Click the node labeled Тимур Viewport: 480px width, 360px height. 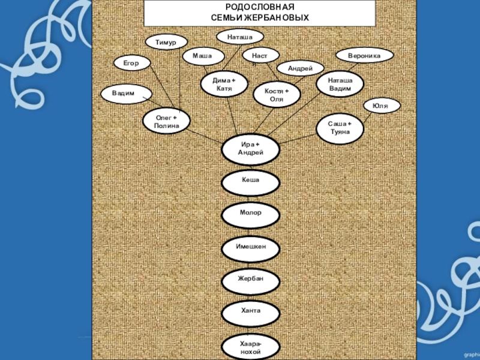coord(166,42)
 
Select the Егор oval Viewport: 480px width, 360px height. coord(131,62)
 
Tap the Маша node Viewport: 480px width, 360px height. coord(203,56)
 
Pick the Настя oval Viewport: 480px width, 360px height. coord(261,56)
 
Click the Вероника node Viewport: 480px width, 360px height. coord(365,56)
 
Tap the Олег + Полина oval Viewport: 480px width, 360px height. coord(165,121)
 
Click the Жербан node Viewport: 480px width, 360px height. coord(250,280)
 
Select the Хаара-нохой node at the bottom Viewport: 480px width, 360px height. coord(250,347)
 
